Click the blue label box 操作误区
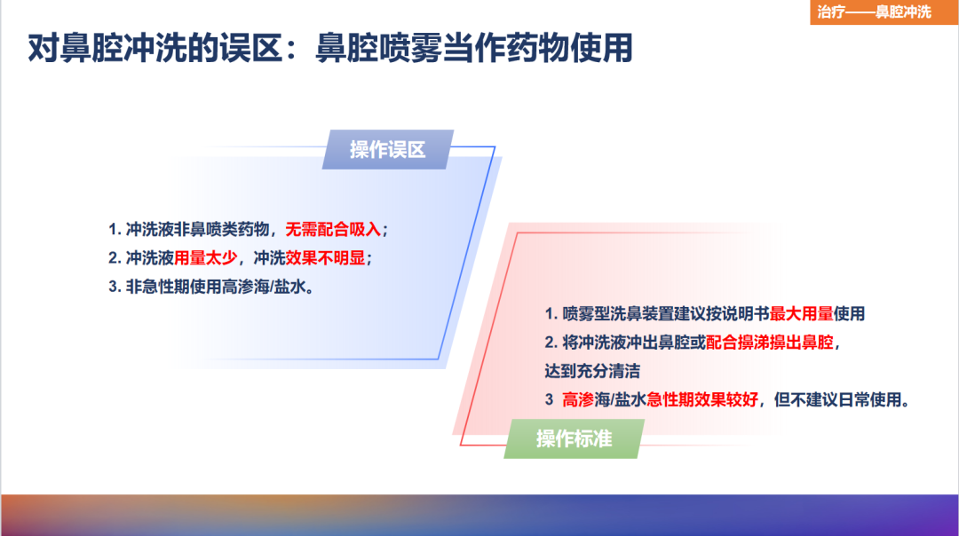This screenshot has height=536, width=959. (x=387, y=149)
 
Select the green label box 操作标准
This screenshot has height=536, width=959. (x=574, y=439)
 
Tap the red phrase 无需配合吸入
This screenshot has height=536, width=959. (x=333, y=230)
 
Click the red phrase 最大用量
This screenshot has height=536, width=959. (x=801, y=313)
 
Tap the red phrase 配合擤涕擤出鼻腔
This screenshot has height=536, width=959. (x=770, y=342)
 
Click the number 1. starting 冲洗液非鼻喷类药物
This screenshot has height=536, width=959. (x=115, y=230)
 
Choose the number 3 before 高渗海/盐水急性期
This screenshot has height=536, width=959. (x=549, y=399)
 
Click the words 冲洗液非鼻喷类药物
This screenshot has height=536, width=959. (x=197, y=230)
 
